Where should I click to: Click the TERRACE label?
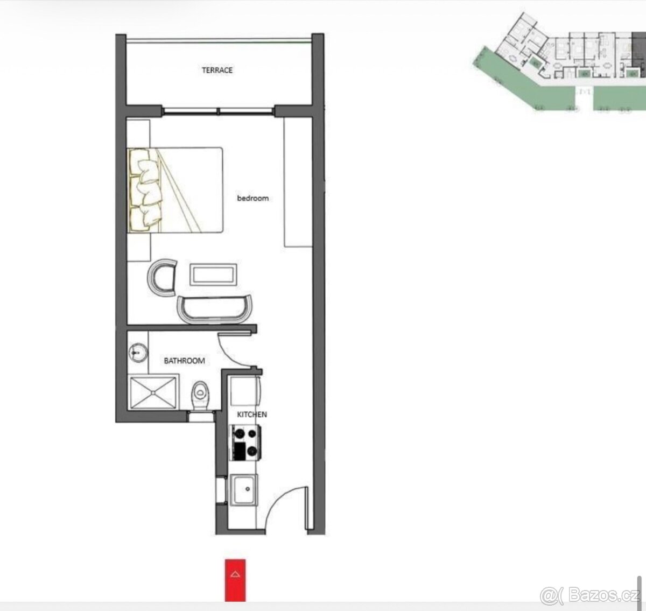click(x=217, y=70)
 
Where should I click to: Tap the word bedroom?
click(x=252, y=198)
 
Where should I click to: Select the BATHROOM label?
click(x=184, y=361)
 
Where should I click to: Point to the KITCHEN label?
click(x=252, y=415)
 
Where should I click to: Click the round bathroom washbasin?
click(x=138, y=353)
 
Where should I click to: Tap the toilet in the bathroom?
click(x=200, y=395)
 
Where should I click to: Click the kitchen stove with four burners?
click(x=245, y=443)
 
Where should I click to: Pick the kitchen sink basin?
click(x=244, y=490)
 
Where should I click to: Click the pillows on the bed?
click(x=145, y=191)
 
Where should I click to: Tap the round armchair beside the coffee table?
click(x=161, y=277)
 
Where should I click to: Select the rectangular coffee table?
click(x=213, y=275)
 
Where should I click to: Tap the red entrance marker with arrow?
click(x=235, y=580)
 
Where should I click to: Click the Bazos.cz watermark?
click(x=590, y=594)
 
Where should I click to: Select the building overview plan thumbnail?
click(x=559, y=62)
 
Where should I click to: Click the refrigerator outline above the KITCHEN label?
click(x=245, y=391)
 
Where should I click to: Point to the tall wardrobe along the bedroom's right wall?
click(x=298, y=182)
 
